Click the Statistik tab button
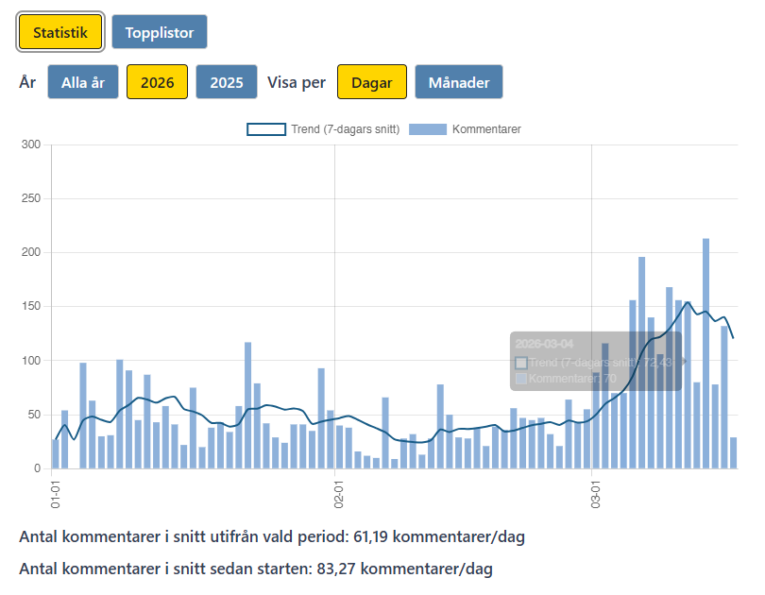coord(60,33)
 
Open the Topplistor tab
coord(159,33)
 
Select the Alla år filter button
coord(83,82)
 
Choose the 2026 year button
coord(157,82)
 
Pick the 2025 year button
coord(227,82)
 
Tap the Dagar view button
coord(372,82)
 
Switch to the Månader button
coord(459,82)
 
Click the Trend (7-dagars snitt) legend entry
coord(324,129)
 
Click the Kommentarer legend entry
coord(467,129)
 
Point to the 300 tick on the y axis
coord(31,144)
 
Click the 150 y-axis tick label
coord(31,307)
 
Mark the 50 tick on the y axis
coord(34,415)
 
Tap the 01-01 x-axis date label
coord(55,494)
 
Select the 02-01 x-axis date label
coord(337,494)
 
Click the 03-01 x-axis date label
coord(596,494)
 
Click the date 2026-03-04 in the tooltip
coord(544,344)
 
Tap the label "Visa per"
coord(297,82)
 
